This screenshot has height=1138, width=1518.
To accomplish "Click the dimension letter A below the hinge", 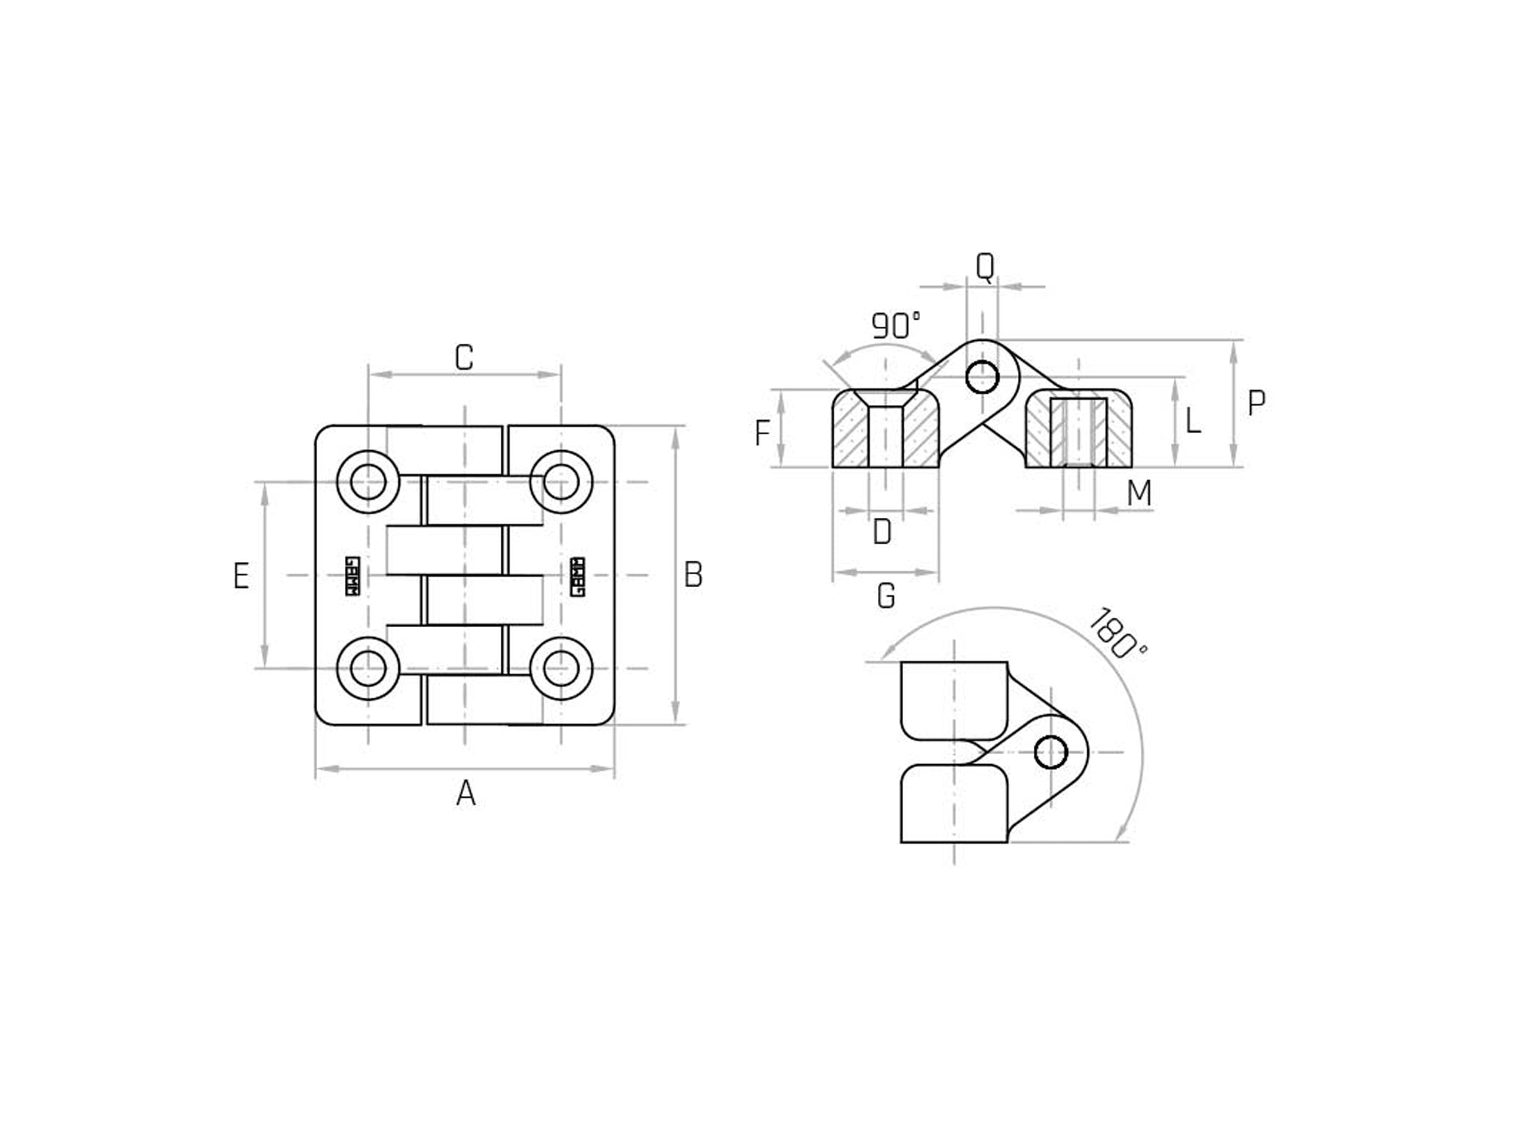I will [x=466, y=794].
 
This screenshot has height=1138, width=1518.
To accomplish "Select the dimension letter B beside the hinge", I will [x=693, y=575].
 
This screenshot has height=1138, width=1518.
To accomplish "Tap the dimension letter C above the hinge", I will [x=464, y=358].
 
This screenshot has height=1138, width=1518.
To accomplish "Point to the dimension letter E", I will [x=241, y=577].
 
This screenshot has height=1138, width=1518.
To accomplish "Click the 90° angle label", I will [x=895, y=326].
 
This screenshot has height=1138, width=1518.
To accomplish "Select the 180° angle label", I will [x=1117, y=634].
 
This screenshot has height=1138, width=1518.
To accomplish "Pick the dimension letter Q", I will [x=985, y=266].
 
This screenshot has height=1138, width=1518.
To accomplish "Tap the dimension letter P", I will [x=1256, y=404].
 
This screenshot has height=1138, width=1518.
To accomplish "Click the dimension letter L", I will [x=1193, y=421].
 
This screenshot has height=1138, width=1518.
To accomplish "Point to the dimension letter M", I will [x=1139, y=494].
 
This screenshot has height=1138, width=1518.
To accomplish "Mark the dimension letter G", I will [x=886, y=597].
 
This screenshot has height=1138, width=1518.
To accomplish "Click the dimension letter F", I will [x=762, y=434].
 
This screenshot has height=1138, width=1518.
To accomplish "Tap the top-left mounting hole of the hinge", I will [x=368, y=482].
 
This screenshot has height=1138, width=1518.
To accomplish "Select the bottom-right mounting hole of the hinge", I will [x=561, y=668].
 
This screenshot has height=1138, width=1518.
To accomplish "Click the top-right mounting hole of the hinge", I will [x=561, y=482].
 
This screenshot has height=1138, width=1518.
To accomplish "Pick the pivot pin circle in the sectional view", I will [x=982, y=376].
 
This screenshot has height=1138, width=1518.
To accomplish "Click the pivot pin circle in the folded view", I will [x=1051, y=752].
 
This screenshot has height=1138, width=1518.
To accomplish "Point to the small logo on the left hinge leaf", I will [x=352, y=577].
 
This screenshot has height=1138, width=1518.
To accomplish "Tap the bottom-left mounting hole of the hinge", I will [x=368, y=668].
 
